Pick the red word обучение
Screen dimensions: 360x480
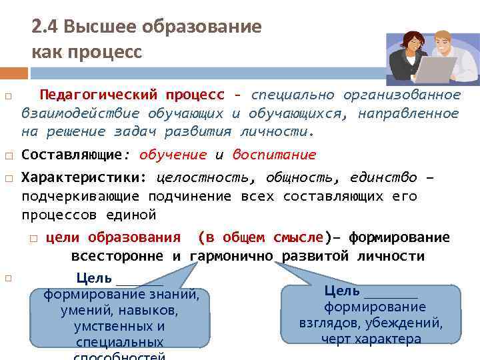point(173,155)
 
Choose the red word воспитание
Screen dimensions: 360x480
point(274,155)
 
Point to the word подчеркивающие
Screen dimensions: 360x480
point(80,197)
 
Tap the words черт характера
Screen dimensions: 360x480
point(371,339)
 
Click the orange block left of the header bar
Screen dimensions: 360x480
point(14,72)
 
